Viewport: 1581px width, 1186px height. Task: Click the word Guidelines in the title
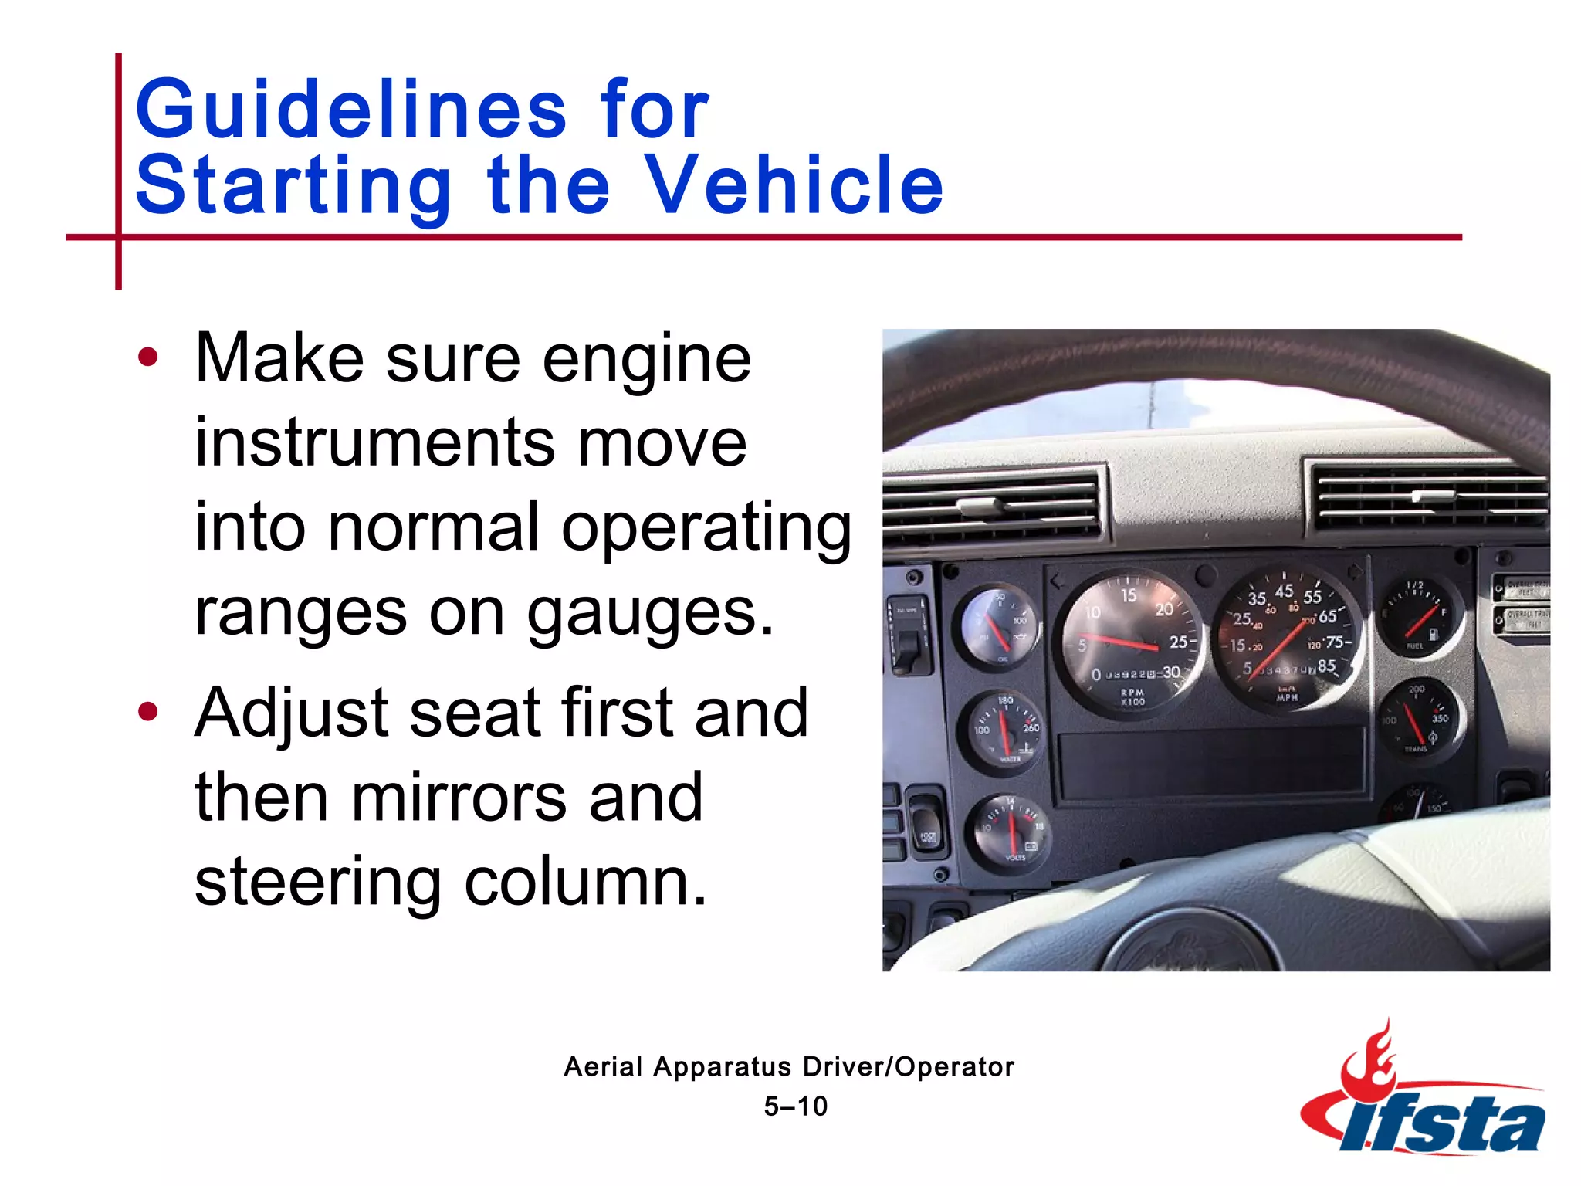tap(351, 110)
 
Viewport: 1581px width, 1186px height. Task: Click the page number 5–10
tap(795, 1106)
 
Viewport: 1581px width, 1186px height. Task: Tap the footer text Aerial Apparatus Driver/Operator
tap(789, 1067)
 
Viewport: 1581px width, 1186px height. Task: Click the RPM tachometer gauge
tap(1132, 642)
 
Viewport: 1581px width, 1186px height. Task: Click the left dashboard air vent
tap(991, 506)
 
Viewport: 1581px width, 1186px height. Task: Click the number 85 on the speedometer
tap(1326, 666)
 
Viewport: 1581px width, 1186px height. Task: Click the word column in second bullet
tap(585, 883)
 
